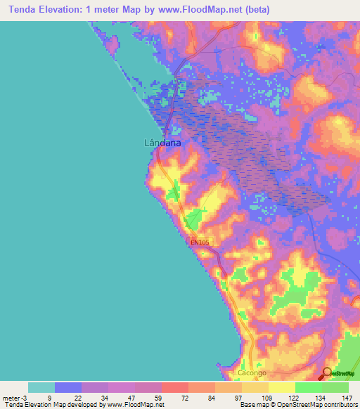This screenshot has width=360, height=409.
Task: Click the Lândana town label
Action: click(x=162, y=143)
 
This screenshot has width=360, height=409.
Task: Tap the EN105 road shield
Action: click(x=200, y=243)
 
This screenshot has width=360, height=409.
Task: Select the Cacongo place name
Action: click(x=253, y=372)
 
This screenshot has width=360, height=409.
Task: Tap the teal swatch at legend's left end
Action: click(x=41, y=387)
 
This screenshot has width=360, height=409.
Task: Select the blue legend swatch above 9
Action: click(x=67, y=387)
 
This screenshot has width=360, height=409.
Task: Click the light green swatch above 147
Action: click(x=335, y=387)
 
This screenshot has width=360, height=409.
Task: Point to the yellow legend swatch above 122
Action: click(x=282, y=387)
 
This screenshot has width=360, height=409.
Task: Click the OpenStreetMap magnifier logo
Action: click(x=328, y=373)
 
